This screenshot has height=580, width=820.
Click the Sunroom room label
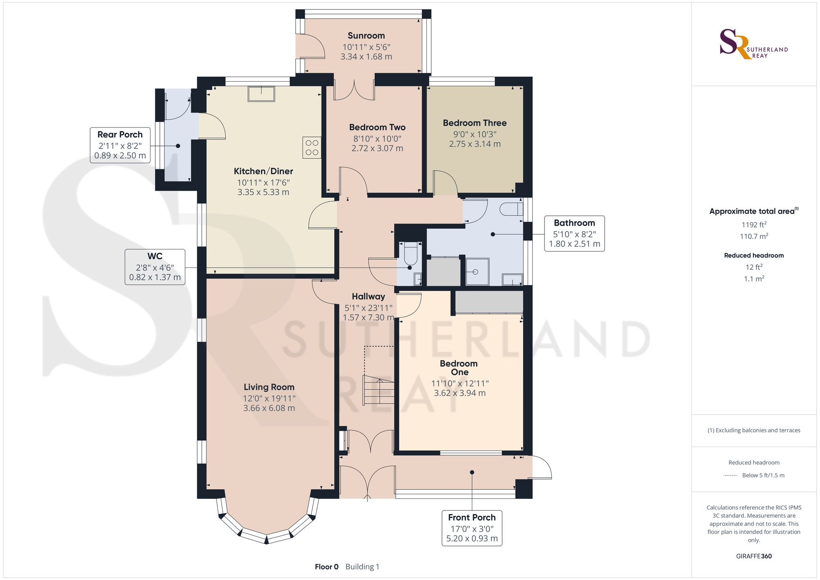(366, 36)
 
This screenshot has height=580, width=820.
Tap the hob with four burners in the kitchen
(312, 148)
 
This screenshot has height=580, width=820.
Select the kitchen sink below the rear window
(261, 94)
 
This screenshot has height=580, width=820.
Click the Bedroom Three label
(475, 123)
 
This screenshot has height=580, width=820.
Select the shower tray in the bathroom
(477, 272)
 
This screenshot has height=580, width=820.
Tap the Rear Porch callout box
(120, 145)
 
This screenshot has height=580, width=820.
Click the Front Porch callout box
(472, 528)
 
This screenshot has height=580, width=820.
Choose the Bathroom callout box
(574, 233)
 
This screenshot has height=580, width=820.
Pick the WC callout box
(155, 267)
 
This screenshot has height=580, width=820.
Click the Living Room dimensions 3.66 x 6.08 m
(269, 408)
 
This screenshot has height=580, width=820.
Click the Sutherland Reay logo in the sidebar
(754, 44)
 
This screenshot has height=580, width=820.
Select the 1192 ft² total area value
(754, 224)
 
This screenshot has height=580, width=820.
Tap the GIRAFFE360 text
(754, 556)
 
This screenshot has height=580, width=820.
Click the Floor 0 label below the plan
(327, 567)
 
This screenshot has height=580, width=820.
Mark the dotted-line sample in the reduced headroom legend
(731, 475)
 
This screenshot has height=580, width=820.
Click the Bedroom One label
(459, 368)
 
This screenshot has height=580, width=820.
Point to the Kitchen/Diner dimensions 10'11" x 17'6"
(263, 183)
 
